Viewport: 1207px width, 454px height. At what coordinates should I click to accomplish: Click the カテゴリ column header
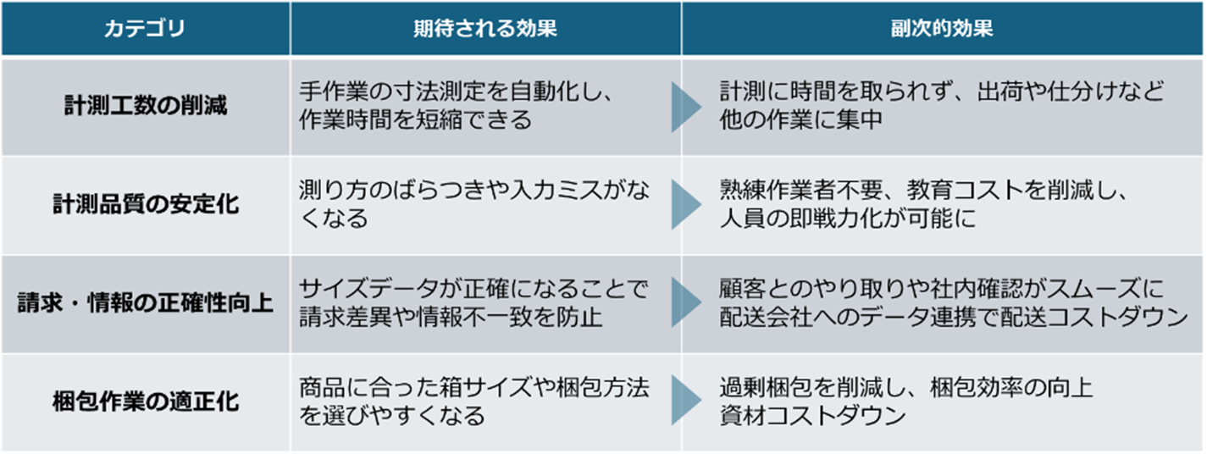(145, 29)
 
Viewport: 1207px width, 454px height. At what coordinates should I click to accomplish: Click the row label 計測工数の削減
(146, 106)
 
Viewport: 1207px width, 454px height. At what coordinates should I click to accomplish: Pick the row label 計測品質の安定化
(146, 205)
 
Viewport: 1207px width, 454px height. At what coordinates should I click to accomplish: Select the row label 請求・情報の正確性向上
(146, 303)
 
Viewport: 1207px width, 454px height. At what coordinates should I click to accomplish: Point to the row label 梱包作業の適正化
(146, 401)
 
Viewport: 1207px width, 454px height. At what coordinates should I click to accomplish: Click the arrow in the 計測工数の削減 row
(684, 107)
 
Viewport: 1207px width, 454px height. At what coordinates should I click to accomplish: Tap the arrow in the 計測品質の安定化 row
(684, 205)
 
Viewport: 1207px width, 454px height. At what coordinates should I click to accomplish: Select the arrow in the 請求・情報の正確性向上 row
(684, 303)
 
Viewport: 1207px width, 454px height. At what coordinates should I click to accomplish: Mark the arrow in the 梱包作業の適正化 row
(684, 401)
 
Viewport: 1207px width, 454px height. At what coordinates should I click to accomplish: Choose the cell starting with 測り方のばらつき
(474, 205)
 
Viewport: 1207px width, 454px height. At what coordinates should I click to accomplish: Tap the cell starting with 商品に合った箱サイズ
(474, 401)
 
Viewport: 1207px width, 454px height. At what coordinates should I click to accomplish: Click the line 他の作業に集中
(801, 119)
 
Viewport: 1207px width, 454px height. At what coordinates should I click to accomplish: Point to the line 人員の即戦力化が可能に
(847, 219)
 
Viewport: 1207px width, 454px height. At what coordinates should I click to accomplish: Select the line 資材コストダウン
(812, 416)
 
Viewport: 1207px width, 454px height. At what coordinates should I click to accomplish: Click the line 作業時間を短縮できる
(415, 119)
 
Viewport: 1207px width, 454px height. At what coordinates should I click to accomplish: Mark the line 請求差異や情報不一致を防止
(450, 318)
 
